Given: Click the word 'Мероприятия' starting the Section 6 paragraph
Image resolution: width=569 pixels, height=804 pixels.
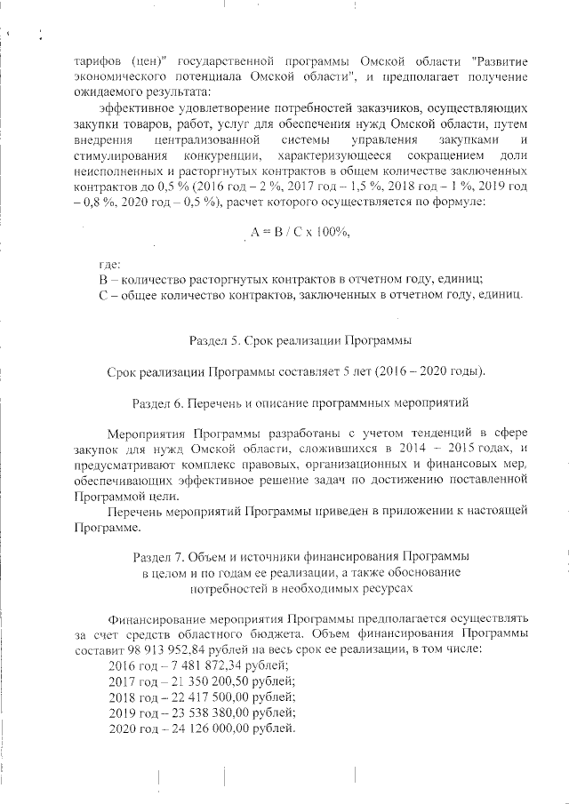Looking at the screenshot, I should click(x=143, y=434).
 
